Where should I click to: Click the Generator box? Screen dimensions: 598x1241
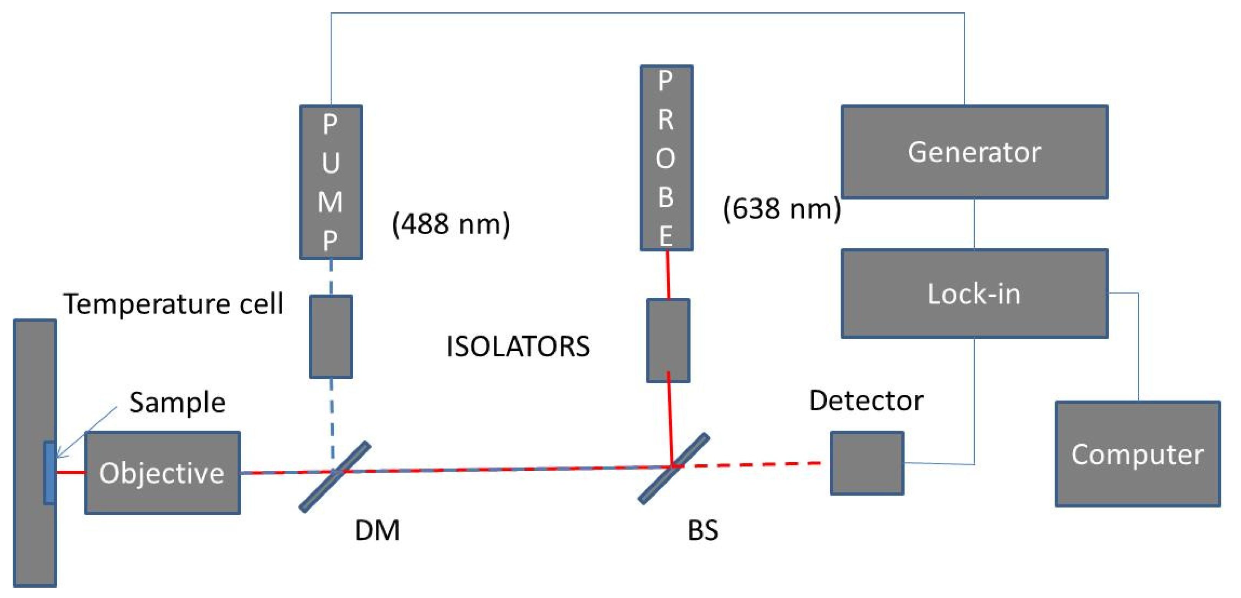click(974, 152)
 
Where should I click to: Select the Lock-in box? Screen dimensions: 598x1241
click(974, 294)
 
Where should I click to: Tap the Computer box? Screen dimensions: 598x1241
click(1137, 454)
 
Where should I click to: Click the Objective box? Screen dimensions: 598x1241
click(162, 473)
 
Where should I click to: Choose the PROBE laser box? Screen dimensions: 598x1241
click(666, 158)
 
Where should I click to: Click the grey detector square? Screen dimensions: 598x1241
click(867, 463)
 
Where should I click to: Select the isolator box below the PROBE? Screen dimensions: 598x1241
click(668, 340)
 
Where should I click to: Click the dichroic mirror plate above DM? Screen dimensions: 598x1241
click(335, 476)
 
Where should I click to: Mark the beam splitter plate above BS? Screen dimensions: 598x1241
click(674, 468)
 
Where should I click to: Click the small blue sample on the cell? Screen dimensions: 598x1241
click(49, 472)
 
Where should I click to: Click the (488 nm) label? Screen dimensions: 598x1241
click(450, 224)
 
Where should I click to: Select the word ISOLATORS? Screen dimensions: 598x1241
click(517, 346)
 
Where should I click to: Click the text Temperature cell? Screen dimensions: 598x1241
click(173, 304)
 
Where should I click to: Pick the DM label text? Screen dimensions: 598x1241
click(377, 531)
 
